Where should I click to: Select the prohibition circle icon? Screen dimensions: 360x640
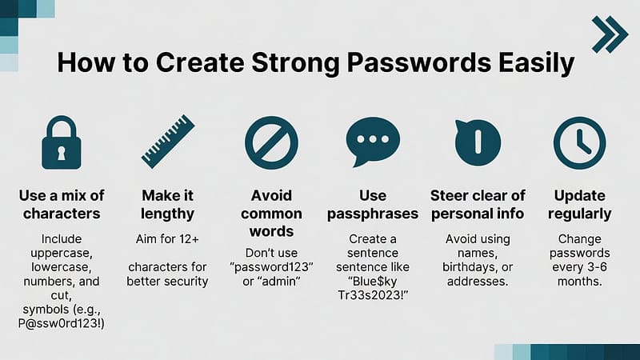(270, 142)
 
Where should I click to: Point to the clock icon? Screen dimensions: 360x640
(579, 142)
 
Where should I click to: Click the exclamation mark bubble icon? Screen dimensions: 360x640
(478, 142)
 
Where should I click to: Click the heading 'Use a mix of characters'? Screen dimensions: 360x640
(62, 204)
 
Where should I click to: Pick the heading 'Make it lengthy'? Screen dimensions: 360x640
(168, 204)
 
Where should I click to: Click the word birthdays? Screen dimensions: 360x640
(478, 265)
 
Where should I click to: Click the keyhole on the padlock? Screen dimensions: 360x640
(62, 151)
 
